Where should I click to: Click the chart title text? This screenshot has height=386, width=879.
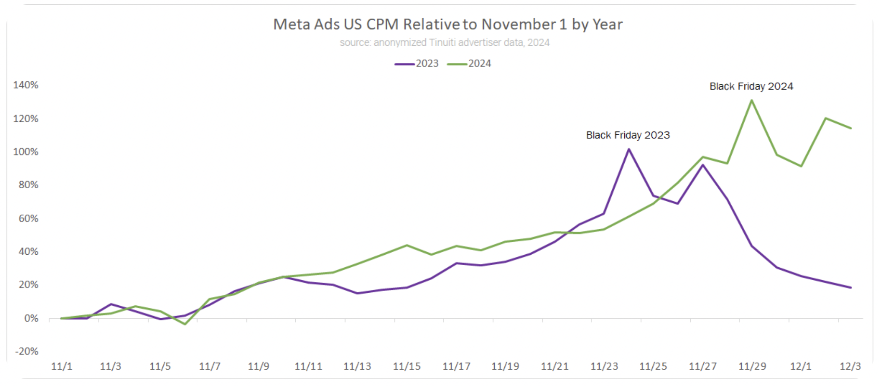point(448,25)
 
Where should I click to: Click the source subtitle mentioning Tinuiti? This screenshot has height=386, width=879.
point(444,43)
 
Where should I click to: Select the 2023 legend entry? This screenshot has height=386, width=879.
point(417,63)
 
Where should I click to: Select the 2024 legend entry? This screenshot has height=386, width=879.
point(470,63)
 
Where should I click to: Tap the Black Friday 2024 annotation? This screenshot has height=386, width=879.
point(751,86)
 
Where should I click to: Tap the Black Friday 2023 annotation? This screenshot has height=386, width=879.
point(628,135)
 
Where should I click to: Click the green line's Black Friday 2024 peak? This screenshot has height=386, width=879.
point(752,101)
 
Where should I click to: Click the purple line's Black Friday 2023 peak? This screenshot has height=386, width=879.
point(629,149)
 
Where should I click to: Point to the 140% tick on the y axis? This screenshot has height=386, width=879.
point(26,85)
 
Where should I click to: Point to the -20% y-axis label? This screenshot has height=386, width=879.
point(27,351)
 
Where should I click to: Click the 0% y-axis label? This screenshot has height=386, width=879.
point(31,319)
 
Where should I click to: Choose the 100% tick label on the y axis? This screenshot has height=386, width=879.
point(26,152)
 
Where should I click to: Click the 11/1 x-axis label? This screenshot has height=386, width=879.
point(62,367)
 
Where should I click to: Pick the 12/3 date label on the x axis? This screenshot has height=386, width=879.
point(850,367)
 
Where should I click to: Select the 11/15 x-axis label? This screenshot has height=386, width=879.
point(407,367)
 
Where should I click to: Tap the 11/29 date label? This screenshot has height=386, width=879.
point(752,367)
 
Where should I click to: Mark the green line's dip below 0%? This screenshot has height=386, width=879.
point(185,324)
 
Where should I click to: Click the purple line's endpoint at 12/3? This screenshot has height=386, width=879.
point(851,288)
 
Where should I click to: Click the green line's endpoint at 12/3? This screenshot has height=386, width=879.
point(851,128)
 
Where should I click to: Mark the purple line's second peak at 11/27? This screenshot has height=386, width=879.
point(703,165)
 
